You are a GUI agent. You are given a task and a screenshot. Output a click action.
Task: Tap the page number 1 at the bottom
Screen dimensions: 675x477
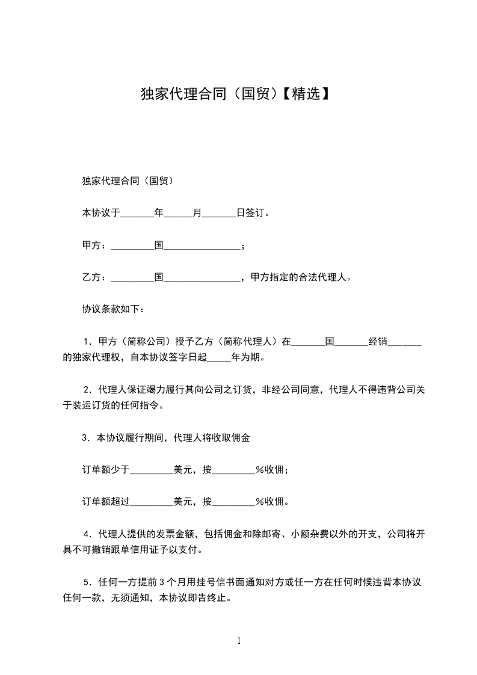click(x=239, y=640)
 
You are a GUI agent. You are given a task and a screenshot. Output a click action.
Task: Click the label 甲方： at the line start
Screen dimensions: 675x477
click(x=94, y=245)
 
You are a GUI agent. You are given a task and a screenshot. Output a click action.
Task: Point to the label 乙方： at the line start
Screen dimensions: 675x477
click(x=94, y=278)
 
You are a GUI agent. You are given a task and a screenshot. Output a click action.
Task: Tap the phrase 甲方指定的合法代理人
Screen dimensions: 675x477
click(x=295, y=278)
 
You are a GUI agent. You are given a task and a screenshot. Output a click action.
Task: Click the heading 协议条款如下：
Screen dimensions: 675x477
click(x=112, y=310)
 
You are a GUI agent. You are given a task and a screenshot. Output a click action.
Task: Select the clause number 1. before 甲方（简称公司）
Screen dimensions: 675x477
click(x=88, y=342)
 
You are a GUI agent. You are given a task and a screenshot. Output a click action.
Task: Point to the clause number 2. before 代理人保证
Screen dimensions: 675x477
click(x=88, y=390)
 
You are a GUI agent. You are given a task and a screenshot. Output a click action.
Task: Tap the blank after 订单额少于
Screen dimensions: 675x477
click(x=152, y=470)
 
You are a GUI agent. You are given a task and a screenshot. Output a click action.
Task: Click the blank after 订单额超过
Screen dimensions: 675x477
click(x=152, y=502)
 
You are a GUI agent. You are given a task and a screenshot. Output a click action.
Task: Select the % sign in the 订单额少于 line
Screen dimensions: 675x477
click(x=260, y=470)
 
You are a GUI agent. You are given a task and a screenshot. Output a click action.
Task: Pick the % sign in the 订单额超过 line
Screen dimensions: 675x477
click(x=260, y=502)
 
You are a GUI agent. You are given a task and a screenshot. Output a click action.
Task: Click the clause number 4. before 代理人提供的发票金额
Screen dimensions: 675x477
click(x=88, y=535)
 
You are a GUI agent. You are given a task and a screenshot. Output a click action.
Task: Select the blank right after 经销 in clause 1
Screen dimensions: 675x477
click(x=404, y=342)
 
